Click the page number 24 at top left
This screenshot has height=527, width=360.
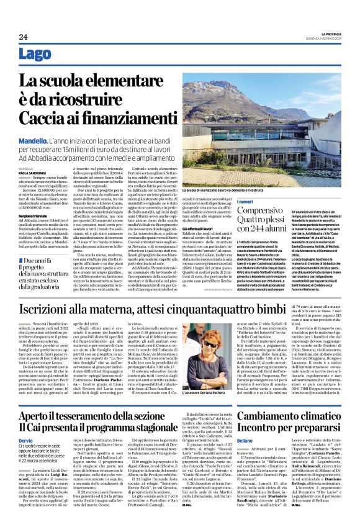click(23, 37)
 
